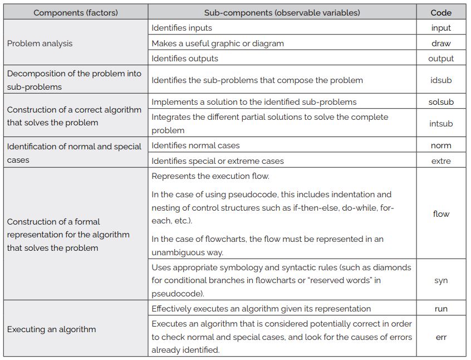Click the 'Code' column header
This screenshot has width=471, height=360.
point(441,12)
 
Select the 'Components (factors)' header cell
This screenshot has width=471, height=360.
point(75,12)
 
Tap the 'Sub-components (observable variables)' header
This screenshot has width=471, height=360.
point(282,12)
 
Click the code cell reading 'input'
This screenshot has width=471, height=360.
point(441,28)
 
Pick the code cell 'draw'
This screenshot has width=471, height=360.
point(441,43)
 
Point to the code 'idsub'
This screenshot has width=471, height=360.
point(441,80)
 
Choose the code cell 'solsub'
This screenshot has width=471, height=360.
point(441,102)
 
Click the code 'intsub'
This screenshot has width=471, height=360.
point(441,124)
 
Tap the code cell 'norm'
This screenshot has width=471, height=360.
point(441,145)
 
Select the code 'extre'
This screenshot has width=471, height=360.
point(441,161)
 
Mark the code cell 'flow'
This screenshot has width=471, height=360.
point(441,214)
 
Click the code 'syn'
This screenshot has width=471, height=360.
point(441,280)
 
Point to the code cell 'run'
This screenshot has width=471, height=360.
point(441,309)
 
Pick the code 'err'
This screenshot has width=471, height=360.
point(441,337)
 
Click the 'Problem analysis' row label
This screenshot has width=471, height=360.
point(40,43)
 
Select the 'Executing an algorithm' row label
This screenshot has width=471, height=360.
point(51,329)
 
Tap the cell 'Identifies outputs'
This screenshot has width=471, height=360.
point(185,59)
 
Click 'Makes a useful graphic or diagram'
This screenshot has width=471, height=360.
point(218,43)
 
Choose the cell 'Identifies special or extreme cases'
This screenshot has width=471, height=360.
point(218,161)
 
